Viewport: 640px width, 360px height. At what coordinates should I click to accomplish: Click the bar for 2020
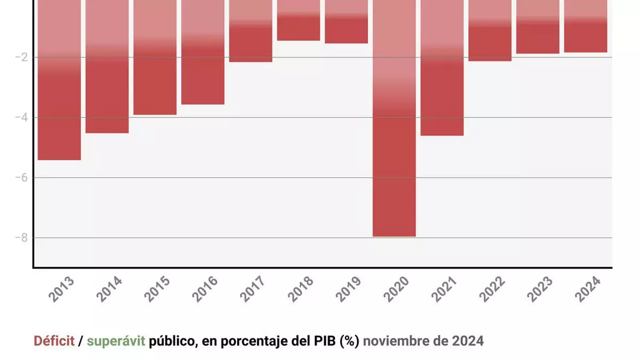[394, 117]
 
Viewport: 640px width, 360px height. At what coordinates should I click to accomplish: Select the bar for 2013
[59, 80]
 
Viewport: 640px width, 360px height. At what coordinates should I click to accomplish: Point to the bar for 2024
[586, 26]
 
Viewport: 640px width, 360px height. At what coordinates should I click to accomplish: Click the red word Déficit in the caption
[54, 341]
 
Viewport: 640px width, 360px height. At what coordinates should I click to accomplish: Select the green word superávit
[116, 341]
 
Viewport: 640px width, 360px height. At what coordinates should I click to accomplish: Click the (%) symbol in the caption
[349, 341]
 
